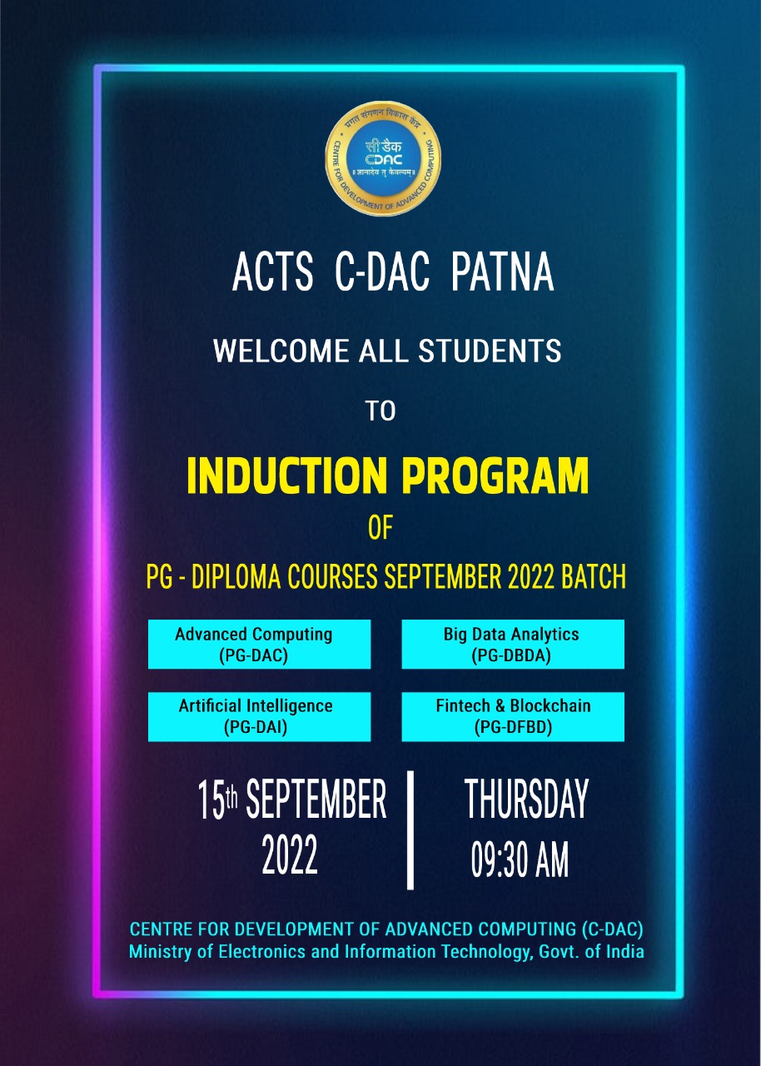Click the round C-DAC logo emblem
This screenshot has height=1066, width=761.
click(x=383, y=158)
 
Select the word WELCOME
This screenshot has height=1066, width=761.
click(x=281, y=351)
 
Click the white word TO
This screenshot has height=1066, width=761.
click(x=381, y=412)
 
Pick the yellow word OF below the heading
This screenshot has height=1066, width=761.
click(x=380, y=530)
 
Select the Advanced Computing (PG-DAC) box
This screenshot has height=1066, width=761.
click(x=259, y=645)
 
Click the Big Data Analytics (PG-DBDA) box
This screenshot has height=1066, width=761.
click(x=512, y=645)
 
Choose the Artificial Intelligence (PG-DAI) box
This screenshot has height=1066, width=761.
click(x=259, y=717)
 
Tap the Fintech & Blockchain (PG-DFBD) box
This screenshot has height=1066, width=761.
click(x=512, y=717)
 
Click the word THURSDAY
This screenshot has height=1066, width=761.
click(x=525, y=800)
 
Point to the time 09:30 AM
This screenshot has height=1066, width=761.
click(x=520, y=860)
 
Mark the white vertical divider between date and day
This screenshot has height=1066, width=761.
click(x=410, y=830)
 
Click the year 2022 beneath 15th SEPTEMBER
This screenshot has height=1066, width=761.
click(x=290, y=855)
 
